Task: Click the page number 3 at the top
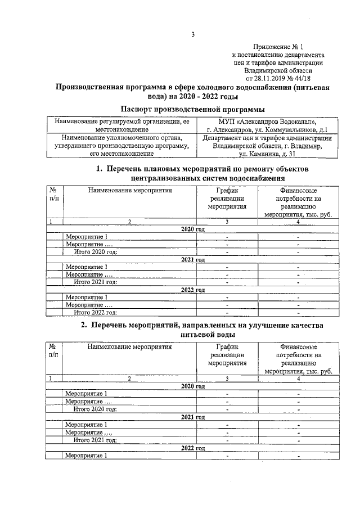[x=192, y=35]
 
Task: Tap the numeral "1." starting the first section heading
[x=100, y=169]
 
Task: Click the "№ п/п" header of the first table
[x=53, y=194]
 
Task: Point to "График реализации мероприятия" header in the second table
[x=228, y=355]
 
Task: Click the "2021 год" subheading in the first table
[x=192, y=260]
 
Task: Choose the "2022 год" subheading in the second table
[x=192, y=448]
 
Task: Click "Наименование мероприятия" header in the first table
[x=129, y=190]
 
